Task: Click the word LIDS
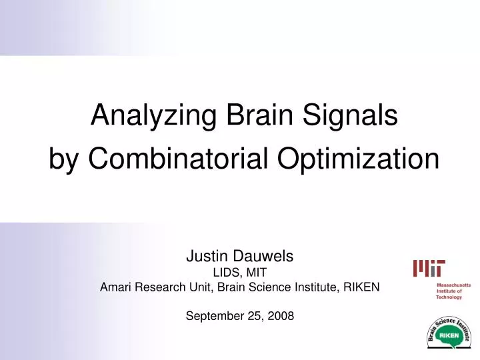point(226,272)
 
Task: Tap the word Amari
point(115,287)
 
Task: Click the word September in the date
point(213,317)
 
